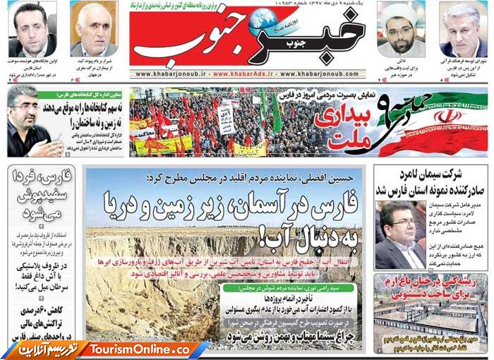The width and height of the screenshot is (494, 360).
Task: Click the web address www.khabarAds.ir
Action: point(251,73)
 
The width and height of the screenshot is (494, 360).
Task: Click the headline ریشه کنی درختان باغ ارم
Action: point(431,287)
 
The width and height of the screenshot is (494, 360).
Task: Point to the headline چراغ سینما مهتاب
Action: point(290,337)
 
